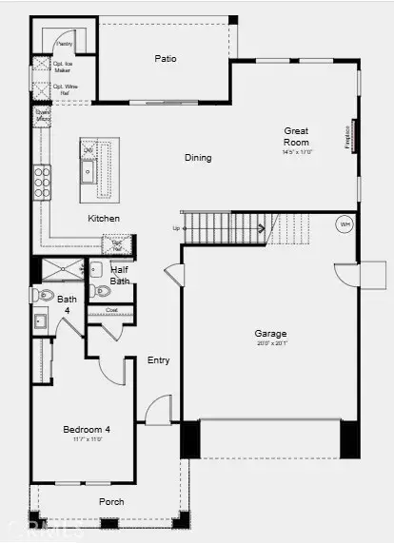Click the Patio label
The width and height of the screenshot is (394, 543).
coord(167,59)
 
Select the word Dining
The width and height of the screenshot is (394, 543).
coord(198,158)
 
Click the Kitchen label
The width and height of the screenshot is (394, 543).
coord(104,219)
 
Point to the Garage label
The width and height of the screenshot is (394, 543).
coord(270,334)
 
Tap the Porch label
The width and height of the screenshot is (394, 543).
coord(111,501)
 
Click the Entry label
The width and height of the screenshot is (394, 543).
coord(158,359)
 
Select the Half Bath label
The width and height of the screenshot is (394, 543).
coord(121,275)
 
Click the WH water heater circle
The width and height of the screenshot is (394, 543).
coord(345,225)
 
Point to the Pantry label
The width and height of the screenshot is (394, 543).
coord(65,44)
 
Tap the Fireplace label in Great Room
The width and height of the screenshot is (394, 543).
coord(348,134)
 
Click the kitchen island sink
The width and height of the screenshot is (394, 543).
coord(88,171)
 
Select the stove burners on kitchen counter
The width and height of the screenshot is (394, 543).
coord(43,180)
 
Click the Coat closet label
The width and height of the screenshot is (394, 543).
coord(111,310)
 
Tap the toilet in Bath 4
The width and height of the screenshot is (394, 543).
coord(42,296)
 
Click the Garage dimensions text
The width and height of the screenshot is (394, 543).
coord(270,345)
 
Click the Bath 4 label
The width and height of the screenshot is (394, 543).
coord(67,304)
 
